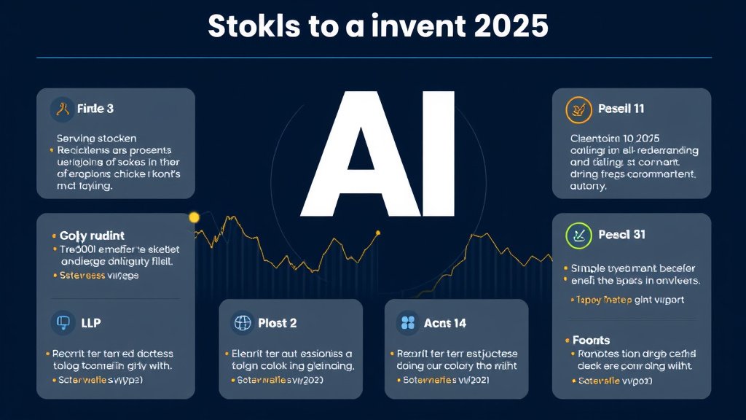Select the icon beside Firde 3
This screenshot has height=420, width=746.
[x=63, y=109]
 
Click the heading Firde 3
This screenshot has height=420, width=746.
[x=95, y=109]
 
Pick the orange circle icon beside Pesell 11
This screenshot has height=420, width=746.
[x=579, y=109]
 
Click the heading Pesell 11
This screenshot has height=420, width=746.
[x=621, y=109]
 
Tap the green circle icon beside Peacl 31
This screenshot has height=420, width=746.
[x=579, y=235]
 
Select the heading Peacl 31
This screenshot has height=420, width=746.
[x=621, y=235]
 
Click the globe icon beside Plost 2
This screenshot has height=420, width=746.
[x=241, y=323]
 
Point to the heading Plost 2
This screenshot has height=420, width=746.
[x=278, y=323]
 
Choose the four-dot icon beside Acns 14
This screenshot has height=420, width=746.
[x=407, y=323]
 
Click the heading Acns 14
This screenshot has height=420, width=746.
[x=444, y=323]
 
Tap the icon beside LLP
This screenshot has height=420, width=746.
[x=62, y=322]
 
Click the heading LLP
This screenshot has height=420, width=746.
[x=91, y=322]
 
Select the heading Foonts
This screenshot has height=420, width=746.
[x=591, y=340]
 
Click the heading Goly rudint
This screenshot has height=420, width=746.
[x=92, y=236]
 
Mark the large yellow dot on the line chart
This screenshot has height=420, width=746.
[x=194, y=217]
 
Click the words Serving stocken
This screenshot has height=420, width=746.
[x=96, y=138]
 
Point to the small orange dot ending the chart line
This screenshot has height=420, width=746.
[x=377, y=233]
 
